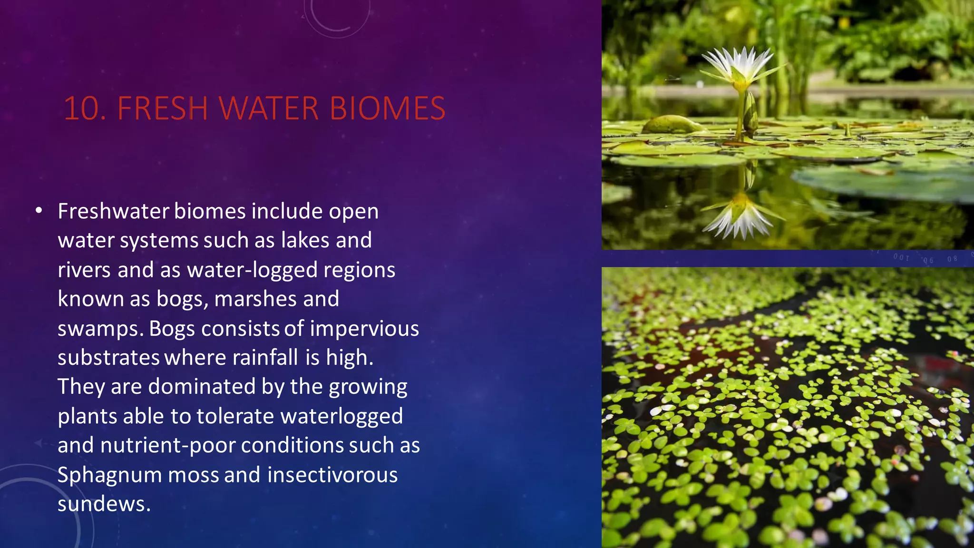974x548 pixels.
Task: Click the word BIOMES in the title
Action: click(388, 108)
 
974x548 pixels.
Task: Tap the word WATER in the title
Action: click(269, 108)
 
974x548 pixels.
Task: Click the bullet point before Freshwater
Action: click(39, 211)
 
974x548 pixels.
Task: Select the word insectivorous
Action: click(332, 475)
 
